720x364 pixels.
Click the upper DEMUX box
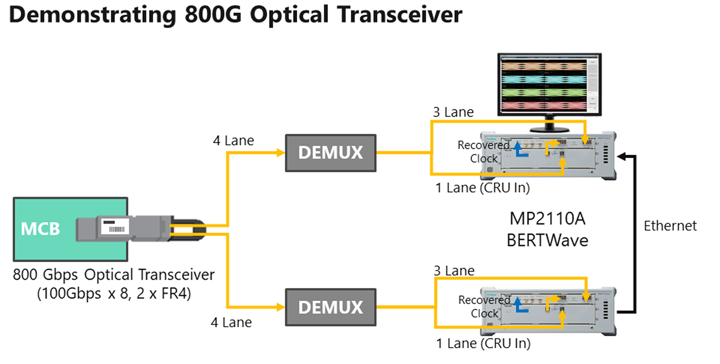coord(331,153)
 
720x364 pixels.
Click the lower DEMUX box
coord(331,307)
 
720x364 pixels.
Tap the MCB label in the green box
coord(41,229)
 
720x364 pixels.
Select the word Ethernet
coord(670,226)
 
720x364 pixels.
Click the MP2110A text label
coord(547,219)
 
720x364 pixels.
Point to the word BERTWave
coord(547,240)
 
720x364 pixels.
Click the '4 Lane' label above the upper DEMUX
coord(233,140)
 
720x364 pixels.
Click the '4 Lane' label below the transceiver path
coord(231,322)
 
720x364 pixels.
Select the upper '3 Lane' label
coord(453,112)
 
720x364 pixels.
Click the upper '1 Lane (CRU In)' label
coord(482,188)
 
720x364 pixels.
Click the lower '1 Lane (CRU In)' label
coord(483,343)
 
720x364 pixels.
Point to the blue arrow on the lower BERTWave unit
coord(519,305)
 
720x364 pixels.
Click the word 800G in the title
coord(213,15)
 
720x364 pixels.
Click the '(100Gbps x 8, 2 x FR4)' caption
coord(114,293)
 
